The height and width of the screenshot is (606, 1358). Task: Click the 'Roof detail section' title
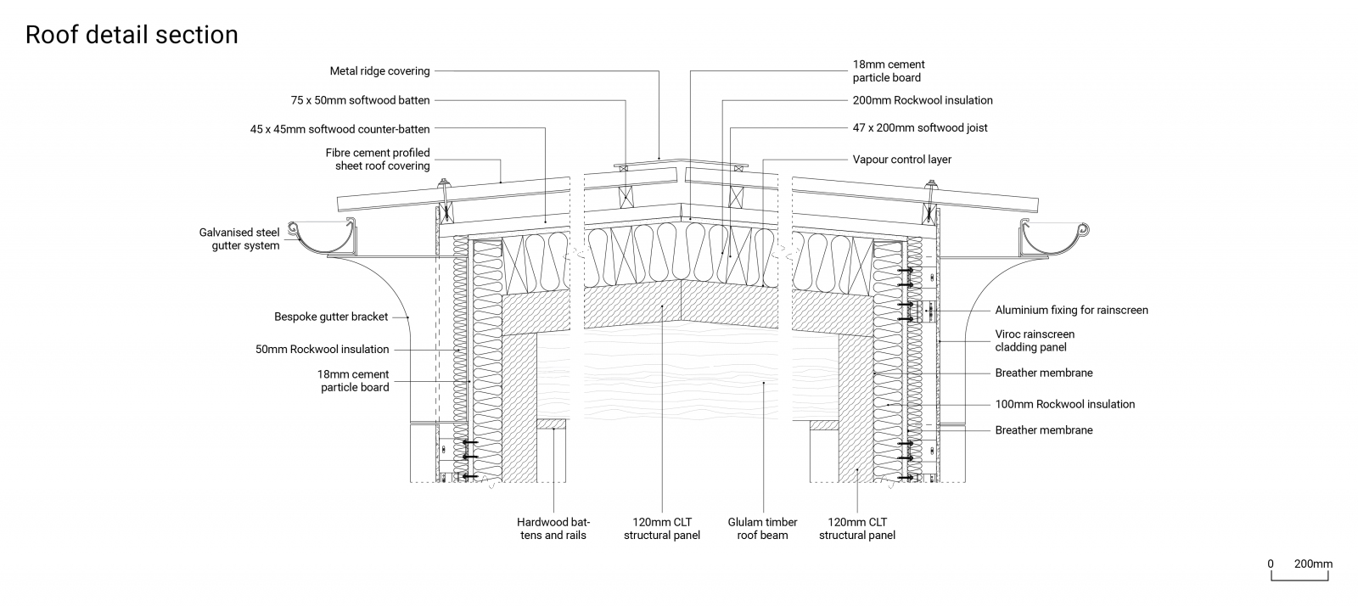pos(132,35)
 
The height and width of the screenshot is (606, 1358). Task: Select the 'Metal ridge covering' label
pos(379,71)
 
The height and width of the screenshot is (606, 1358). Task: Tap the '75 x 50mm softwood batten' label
pos(360,100)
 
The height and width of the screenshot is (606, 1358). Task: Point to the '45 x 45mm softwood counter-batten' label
pos(339,129)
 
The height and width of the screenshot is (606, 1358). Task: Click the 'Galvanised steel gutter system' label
pos(239,238)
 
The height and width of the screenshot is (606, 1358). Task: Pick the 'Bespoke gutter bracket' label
pos(331,317)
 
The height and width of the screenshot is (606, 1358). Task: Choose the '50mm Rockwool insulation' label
pos(322,349)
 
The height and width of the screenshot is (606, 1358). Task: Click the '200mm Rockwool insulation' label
pos(923,100)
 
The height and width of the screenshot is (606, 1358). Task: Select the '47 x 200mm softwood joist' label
pos(920,128)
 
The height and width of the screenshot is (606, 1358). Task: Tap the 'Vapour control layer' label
pos(902,160)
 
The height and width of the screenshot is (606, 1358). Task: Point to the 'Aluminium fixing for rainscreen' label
pos(1071,310)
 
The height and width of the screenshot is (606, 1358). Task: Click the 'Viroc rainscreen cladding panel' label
pos(1035,340)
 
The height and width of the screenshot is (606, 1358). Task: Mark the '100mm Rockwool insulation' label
pos(1064,404)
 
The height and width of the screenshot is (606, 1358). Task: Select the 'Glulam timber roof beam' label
pos(762,528)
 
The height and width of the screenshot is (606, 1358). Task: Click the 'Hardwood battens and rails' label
pos(553,528)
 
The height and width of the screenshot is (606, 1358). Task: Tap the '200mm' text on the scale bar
pos(1313,564)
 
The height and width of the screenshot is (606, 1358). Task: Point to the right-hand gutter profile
pos(1053,238)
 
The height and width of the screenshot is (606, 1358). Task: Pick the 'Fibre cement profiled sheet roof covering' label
pos(378,159)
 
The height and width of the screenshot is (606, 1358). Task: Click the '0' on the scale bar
pos(1271,564)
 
